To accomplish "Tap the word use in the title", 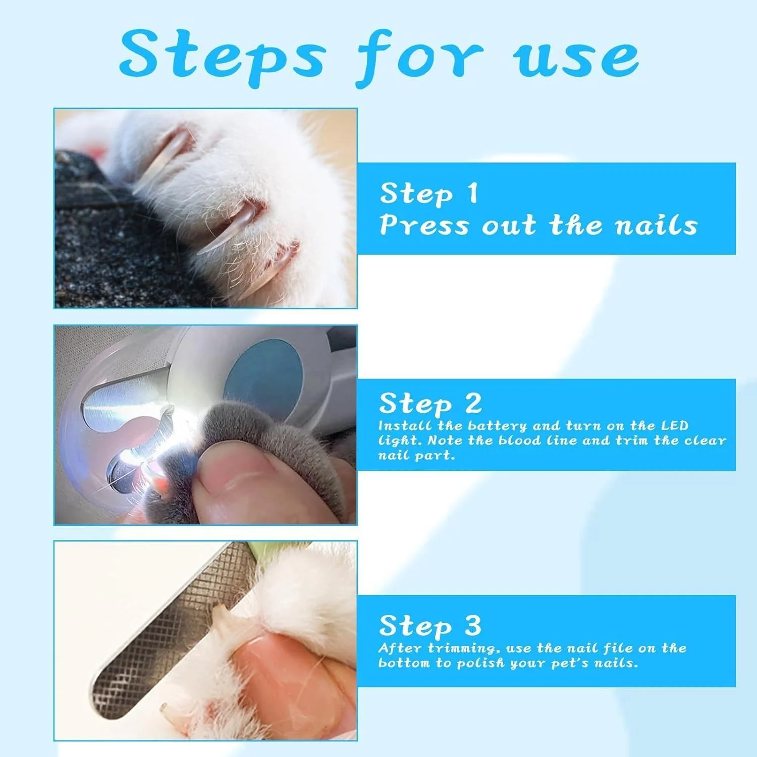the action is [x=576, y=60].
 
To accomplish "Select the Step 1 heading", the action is [x=428, y=193].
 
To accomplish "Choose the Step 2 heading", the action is [x=430, y=403].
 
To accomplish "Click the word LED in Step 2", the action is [x=675, y=425].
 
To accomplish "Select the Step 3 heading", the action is [x=430, y=626].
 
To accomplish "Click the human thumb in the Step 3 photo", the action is [x=288, y=676].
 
